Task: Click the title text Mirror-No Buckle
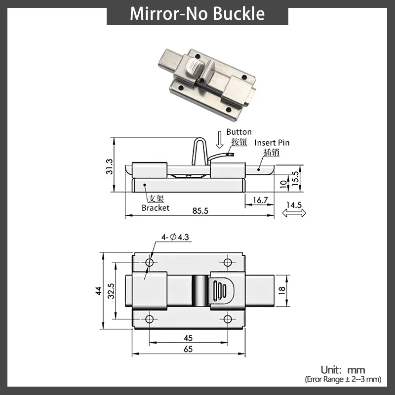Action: click(x=197, y=13)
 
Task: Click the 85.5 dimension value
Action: click(x=200, y=211)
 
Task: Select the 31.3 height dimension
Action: click(x=110, y=167)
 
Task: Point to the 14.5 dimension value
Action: click(x=293, y=204)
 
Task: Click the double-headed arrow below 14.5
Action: click(x=293, y=213)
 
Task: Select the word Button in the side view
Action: click(x=239, y=132)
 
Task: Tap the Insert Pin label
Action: click(x=272, y=143)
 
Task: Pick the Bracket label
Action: click(x=156, y=208)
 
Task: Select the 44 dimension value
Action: click(x=99, y=291)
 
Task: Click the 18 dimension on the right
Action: click(x=282, y=291)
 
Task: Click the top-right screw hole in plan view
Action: click(x=228, y=262)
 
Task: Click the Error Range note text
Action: click(x=343, y=379)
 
